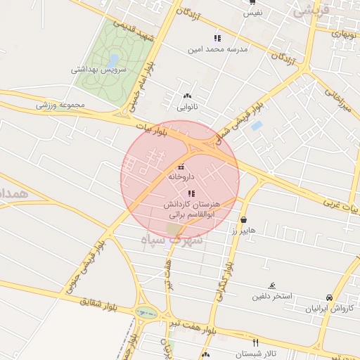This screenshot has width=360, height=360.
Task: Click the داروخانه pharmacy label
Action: (181, 177)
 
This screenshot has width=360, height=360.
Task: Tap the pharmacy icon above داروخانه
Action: (181, 167)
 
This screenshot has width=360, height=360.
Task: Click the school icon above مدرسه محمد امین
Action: (217, 38)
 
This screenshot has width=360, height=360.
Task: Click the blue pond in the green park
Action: (112, 60)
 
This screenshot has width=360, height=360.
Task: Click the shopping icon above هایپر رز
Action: (243, 219)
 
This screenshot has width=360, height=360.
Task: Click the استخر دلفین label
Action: (269, 296)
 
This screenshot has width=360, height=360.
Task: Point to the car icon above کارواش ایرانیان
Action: (329, 297)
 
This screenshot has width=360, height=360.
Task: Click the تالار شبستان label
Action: (257, 353)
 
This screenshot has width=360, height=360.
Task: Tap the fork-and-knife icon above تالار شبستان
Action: (255, 342)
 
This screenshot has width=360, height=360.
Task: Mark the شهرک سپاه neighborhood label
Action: (173, 240)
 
